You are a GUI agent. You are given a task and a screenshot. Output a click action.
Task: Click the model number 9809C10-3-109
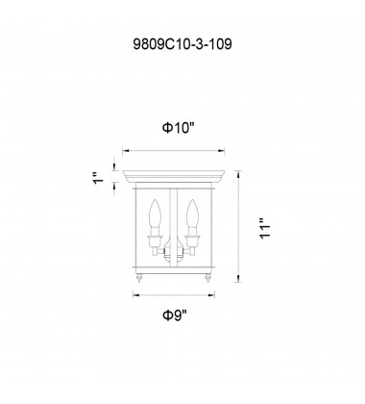182,44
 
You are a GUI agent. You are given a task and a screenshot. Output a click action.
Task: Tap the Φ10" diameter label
179,128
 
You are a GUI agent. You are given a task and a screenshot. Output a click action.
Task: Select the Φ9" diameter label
175,316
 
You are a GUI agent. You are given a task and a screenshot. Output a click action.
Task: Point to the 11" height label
265,229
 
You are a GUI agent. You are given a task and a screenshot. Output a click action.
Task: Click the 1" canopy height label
99,178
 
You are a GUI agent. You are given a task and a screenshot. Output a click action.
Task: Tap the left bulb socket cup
156,241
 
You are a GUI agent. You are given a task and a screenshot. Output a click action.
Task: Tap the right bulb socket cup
192,241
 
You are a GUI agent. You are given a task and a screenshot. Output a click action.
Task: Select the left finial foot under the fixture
139,278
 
